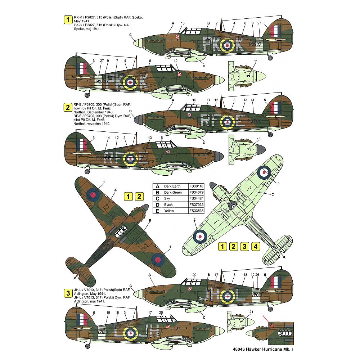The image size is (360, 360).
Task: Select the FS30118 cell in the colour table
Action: click(196, 186)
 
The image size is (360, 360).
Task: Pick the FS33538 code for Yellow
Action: click(196, 211)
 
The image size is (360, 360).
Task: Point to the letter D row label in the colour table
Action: click(157, 204)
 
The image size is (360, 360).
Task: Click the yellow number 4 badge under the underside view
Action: click(255, 247)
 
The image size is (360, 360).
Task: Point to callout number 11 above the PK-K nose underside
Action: click(255, 62)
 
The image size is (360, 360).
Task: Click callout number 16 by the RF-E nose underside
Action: click(258, 139)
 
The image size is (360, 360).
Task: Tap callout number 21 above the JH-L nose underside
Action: click(251, 311)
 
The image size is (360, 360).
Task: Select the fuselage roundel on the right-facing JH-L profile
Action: click(227, 296)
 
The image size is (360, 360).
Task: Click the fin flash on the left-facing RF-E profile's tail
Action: click(82, 145)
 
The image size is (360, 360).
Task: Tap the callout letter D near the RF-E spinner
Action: click(130, 112)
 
